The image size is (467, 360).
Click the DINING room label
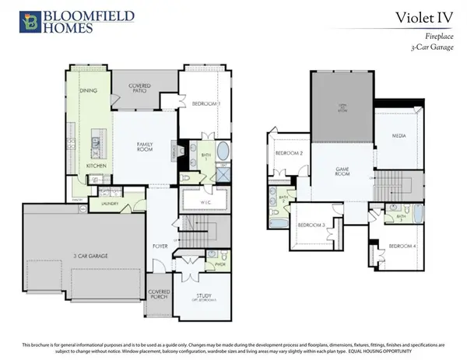point(89,91)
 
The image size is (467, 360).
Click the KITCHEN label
point(97,166)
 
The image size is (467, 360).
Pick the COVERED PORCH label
point(160,295)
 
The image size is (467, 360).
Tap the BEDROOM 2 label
point(290,152)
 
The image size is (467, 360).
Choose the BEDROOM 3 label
point(311,225)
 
